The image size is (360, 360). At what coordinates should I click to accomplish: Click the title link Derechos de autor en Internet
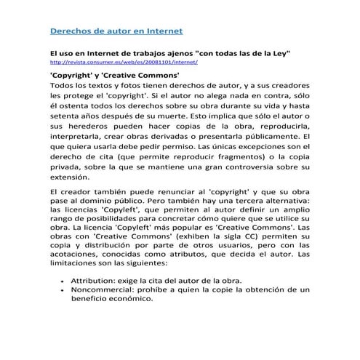pyautogui.click(x=115, y=31)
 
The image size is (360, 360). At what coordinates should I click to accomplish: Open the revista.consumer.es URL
pyautogui.click(x=113, y=63)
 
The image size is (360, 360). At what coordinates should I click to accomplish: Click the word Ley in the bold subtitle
pyautogui.click(x=281, y=53)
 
